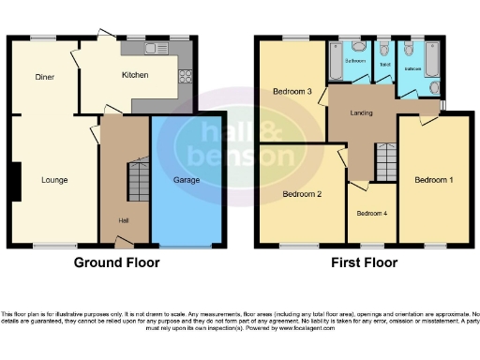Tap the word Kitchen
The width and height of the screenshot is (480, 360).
(134, 76)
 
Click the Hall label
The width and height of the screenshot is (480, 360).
(123, 220)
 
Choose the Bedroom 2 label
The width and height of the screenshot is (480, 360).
(303, 194)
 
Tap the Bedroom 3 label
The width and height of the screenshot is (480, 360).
(292, 92)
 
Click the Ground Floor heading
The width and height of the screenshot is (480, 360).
(116, 263)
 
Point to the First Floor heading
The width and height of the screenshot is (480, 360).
(364, 263)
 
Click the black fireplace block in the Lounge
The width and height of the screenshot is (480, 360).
(16, 182)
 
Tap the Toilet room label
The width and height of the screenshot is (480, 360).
(384, 65)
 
